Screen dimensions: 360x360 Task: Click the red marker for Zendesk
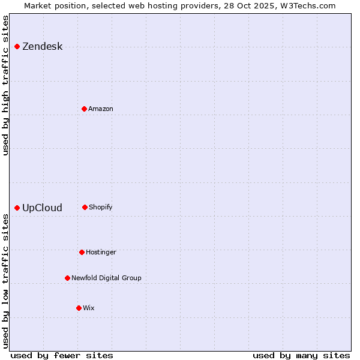click(x=17, y=46)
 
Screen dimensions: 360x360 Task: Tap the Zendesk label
click(x=42, y=47)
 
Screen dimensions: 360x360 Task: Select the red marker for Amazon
click(x=84, y=109)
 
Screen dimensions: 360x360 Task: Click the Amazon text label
click(x=101, y=109)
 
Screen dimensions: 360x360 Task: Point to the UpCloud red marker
click(x=17, y=208)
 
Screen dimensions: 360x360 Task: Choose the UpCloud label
click(x=42, y=208)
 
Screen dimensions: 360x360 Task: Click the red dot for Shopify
click(x=85, y=207)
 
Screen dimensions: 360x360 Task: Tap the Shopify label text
click(x=101, y=208)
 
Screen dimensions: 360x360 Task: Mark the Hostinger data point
click(x=82, y=252)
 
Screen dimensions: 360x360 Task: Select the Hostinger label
click(x=101, y=253)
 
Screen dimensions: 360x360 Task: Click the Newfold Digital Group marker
click(x=67, y=278)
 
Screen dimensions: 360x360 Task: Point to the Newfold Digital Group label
click(x=106, y=278)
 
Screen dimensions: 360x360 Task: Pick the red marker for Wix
click(x=79, y=308)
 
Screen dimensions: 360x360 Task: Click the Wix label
click(x=89, y=308)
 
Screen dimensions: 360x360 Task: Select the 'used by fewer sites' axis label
click(x=62, y=355)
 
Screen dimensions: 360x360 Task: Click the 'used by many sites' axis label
click(x=301, y=355)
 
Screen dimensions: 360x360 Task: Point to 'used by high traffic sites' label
click(x=6, y=85)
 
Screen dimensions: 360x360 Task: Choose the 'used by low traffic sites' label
click(x=6, y=281)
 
